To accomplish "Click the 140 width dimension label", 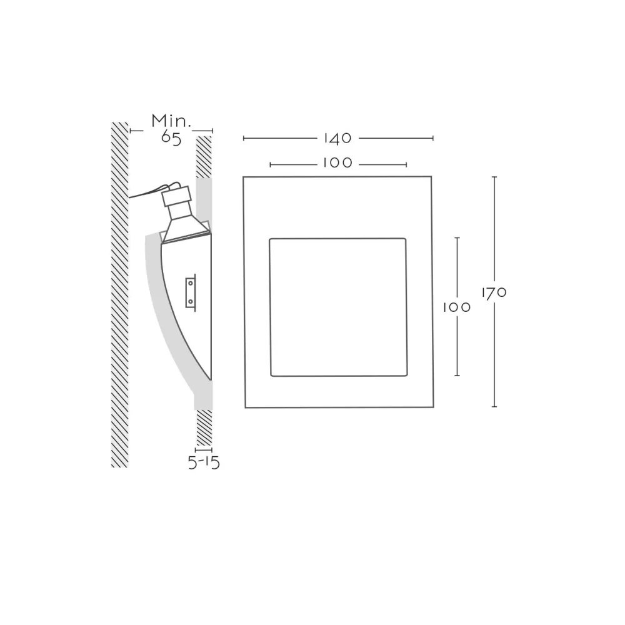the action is point(337,138).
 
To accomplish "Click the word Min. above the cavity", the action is point(171,121).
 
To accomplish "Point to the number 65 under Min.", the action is point(171,137).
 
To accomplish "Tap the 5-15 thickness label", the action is point(204,462).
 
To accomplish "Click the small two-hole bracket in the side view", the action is point(191,292).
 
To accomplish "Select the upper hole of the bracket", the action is point(191,283).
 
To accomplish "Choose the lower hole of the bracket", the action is point(191,301).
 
